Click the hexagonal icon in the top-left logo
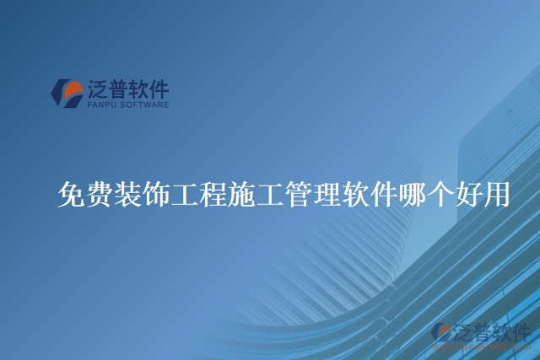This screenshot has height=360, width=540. click(67, 92)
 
